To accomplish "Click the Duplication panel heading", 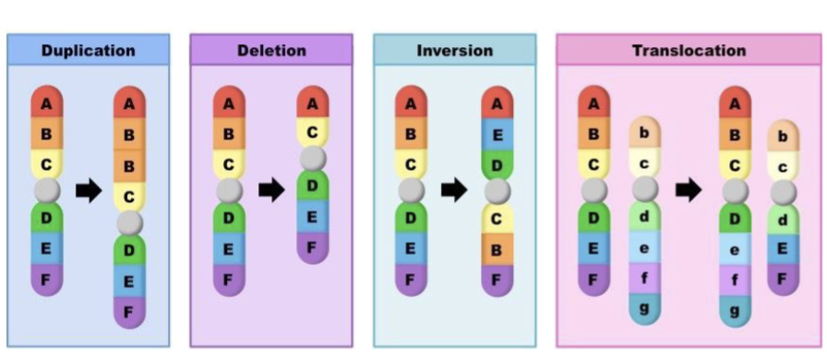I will (x=88, y=50).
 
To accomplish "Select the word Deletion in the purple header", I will (x=270, y=50).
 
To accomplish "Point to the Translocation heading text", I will (x=689, y=50).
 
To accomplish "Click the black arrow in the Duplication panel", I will (x=88, y=191).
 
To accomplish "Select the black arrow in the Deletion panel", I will (x=271, y=191).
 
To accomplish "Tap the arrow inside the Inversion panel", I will (x=454, y=191).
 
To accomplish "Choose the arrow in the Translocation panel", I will (x=689, y=191).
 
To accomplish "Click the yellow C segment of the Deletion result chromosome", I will (x=313, y=133).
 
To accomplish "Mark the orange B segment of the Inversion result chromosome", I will (x=497, y=249).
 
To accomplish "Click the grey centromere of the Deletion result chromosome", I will (x=313, y=159).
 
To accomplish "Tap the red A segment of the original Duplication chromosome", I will (x=46, y=102).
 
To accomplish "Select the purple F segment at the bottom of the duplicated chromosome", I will (x=129, y=311).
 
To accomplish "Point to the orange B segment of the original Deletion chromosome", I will (x=228, y=134).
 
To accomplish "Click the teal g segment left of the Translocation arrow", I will (x=645, y=306).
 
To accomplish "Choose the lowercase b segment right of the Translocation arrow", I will (x=783, y=138).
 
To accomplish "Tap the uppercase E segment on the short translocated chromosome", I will (x=783, y=249).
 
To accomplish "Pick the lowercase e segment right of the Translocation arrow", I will (x=735, y=249).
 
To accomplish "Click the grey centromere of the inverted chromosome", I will (x=497, y=191).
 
